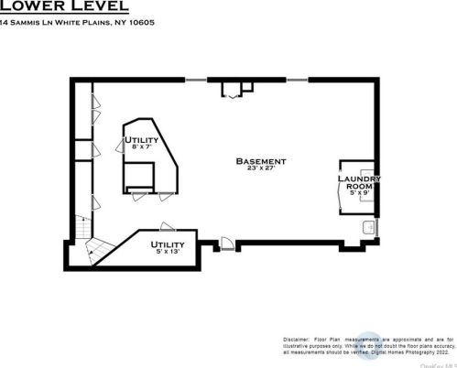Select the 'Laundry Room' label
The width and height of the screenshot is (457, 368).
pyautogui.click(x=353, y=182)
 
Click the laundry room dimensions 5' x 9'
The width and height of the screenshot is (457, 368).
pyautogui.click(x=354, y=192)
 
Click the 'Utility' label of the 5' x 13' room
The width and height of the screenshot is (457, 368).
pyautogui.click(x=168, y=244)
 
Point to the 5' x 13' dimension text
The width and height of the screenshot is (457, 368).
pyautogui.click(x=168, y=253)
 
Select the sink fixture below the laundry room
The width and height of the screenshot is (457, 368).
pyautogui.click(x=368, y=227)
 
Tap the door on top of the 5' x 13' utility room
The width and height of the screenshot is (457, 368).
pyautogui.click(x=166, y=226)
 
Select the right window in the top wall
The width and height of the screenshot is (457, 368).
pyautogui.click(x=299, y=80)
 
